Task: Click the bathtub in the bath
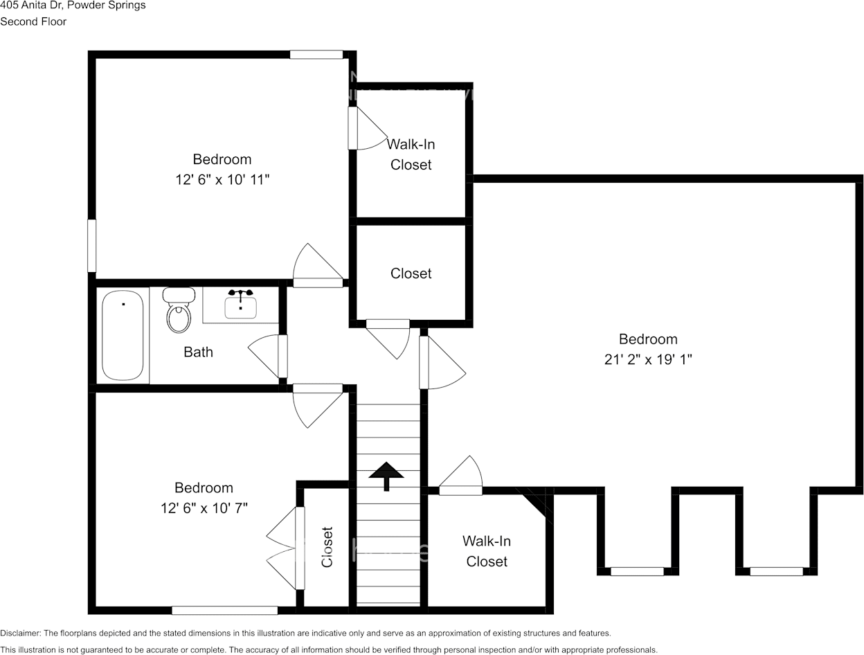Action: (123, 335)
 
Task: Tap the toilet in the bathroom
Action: (178, 311)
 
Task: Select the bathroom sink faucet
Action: (240, 294)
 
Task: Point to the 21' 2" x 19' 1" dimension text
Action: (647, 359)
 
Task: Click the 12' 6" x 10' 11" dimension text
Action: (222, 180)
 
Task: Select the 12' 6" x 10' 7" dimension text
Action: (204, 508)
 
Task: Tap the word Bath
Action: (198, 352)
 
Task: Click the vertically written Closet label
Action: (327, 547)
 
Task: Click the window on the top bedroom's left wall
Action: (91, 246)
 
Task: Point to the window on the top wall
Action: (316, 55)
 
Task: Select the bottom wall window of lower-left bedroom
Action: (224, 610)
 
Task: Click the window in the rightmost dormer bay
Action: (776, 571)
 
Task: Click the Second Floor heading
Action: (33, 21)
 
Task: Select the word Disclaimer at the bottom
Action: (20, 633)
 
